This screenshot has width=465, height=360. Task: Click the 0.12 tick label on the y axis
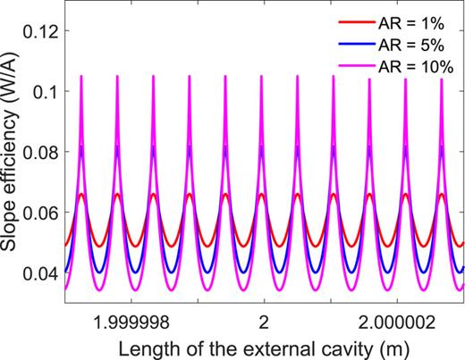(41, 31)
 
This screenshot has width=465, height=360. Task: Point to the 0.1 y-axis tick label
(46, 92)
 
